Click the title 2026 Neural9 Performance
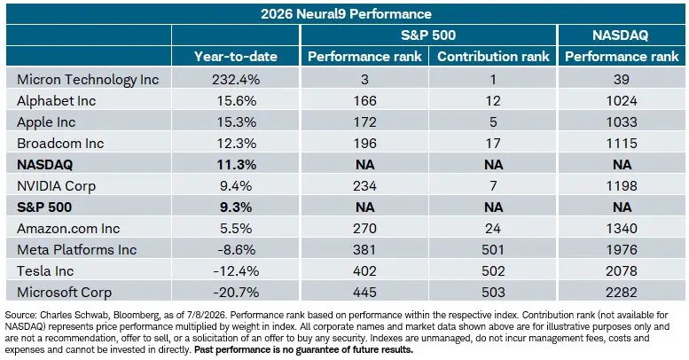(346, 14)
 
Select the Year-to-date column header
(236, 56)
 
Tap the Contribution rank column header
(493, 56)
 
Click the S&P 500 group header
(428, 35)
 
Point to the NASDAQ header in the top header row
(620, 35)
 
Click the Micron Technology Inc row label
(88, 80)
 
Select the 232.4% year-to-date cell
(236, 80)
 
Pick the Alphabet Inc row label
(56, 101)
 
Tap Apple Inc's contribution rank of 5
(493, 122)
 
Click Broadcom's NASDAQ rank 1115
(622, 144)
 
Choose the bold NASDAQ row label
(45, 165)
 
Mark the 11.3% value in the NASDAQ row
(236, 165)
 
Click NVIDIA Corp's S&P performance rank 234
(364, 186)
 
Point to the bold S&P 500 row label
(44, 207)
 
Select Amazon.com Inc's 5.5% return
(236, 229)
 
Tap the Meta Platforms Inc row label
(77, 250)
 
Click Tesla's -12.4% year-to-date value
(236, 270)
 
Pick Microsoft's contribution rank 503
(493, 293)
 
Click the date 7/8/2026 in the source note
(208, 315)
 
